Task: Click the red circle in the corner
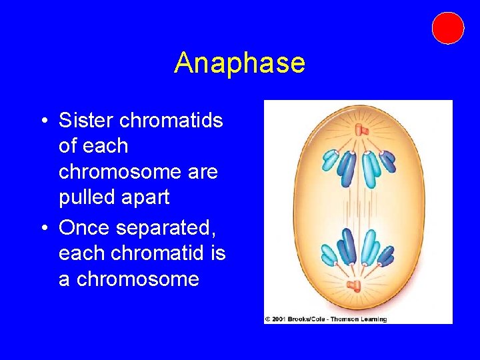(x=447, y=28)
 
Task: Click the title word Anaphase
(x=239, y=63)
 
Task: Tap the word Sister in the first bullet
(x=84, y=120)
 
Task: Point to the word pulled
(x=85, y=197)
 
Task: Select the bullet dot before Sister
(x=43, y=121)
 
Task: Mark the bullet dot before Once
(x=43, y=229)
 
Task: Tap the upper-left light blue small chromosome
(x=329, y=161)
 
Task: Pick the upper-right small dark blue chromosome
(x=388, y=161)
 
